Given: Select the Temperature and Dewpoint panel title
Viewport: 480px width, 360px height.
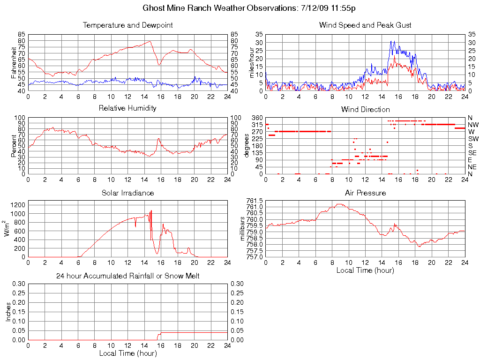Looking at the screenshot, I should coord(127,25).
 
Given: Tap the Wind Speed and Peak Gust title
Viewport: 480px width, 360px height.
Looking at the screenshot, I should coord(365,25).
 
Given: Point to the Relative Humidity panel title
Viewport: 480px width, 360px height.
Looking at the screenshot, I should coord(127,108).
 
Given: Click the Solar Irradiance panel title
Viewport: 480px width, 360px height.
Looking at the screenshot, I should coord(127,193).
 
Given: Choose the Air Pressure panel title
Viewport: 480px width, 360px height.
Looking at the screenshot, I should coord(365,193).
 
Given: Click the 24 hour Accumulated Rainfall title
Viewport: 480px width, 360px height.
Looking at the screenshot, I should coord(127,276).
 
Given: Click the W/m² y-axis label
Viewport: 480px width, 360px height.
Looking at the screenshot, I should coord(7,228).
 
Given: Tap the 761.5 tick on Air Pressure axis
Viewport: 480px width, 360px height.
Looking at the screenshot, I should coord(255,201).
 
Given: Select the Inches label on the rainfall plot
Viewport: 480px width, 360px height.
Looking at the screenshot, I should coord(7,312).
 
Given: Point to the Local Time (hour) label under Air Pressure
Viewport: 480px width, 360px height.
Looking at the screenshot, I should coord(365,270).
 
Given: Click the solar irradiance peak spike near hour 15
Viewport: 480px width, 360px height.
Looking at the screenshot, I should coord(151,211).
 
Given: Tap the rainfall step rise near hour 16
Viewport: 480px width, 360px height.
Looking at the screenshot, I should coord(158,335).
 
